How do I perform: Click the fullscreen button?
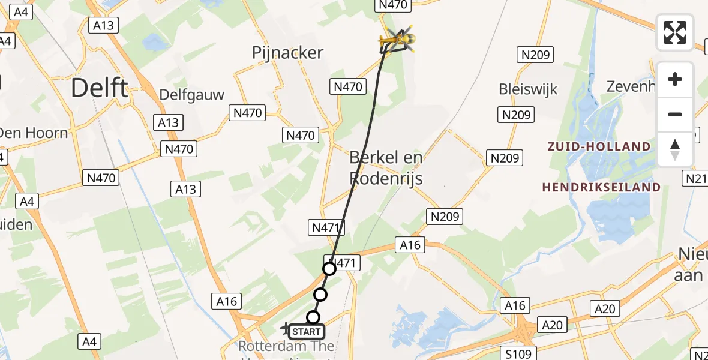675,32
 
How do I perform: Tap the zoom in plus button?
675,80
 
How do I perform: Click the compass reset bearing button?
675,149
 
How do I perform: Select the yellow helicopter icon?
397,40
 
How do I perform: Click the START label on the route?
307,331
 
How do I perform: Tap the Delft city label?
99,88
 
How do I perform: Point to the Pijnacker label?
287,53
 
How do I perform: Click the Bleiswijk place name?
528,89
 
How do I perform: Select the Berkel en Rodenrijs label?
386,168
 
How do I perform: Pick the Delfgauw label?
192,95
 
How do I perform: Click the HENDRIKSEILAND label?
601,187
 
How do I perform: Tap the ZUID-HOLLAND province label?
598,146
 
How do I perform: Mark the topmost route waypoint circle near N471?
329,269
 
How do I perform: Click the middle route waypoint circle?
320,294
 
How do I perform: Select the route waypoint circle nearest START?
313,317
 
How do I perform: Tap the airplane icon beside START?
285,328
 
